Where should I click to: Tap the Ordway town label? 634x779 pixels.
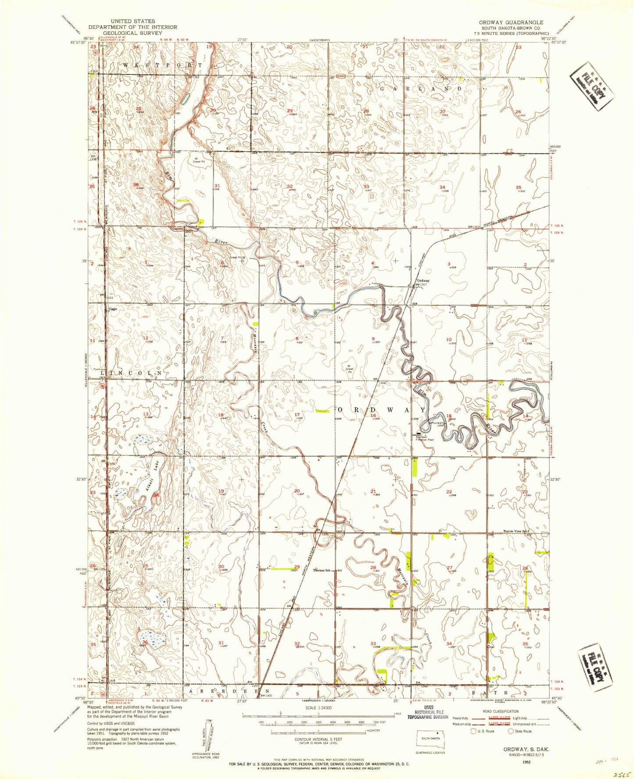click(423, 281)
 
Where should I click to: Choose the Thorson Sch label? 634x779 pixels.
click(321, 570)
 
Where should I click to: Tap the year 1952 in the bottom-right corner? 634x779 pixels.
click(526, 762)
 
